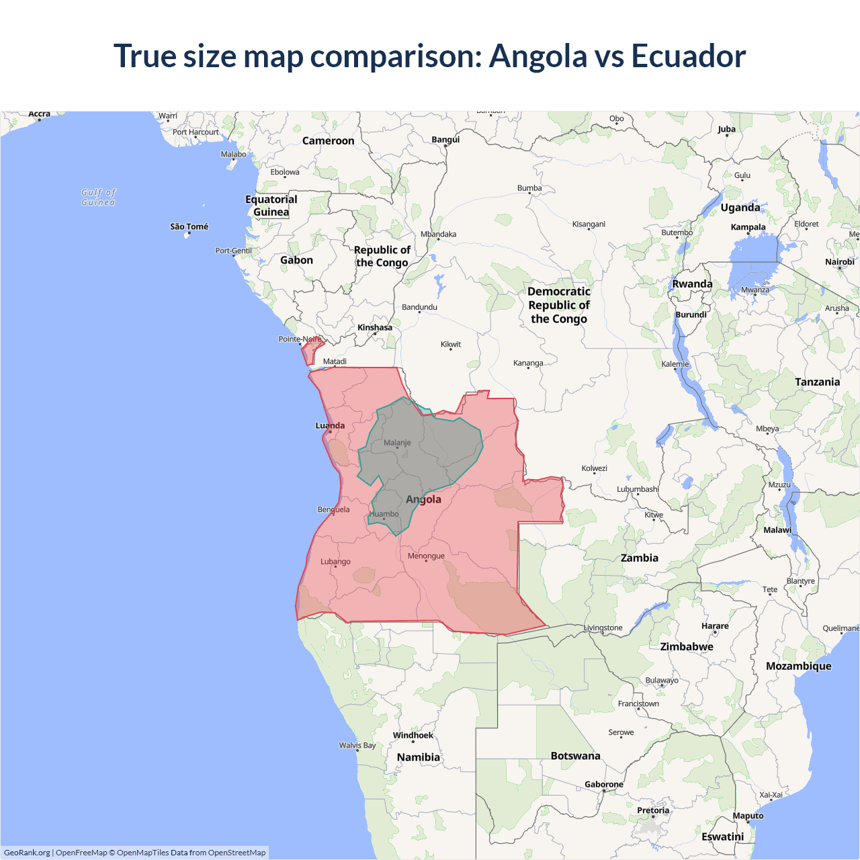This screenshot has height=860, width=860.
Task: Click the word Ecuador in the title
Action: pos(688,56)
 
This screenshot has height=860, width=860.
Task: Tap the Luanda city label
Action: pos(330,425)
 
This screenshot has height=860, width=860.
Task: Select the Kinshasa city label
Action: pos(374,327)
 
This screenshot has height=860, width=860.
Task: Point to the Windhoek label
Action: pos(413,735)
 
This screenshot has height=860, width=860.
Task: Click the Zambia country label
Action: pos(639,558)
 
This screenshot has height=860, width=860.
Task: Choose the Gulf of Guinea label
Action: pos(98,197)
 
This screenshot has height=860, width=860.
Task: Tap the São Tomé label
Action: pos(189,226)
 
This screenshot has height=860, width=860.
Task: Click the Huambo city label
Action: pos(384,514)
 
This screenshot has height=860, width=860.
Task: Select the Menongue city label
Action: pos(426,556)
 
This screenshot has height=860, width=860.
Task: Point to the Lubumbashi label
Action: pos(638,489)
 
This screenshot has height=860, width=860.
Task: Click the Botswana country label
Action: pos(575,756)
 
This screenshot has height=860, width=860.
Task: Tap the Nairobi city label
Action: pos(839,261)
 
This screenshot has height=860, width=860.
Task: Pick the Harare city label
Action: pos(715,626)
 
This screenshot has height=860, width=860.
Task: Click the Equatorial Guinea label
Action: pos(271,206)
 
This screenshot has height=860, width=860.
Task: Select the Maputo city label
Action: pos(748,816)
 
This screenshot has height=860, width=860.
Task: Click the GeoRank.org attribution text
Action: pos(27,853)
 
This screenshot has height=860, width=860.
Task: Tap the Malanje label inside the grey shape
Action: pos(397,443)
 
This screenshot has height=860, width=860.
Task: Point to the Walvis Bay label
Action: pos(357,745)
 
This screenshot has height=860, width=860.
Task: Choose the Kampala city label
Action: pos(748,227)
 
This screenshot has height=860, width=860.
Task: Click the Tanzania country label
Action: pos(817,382)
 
